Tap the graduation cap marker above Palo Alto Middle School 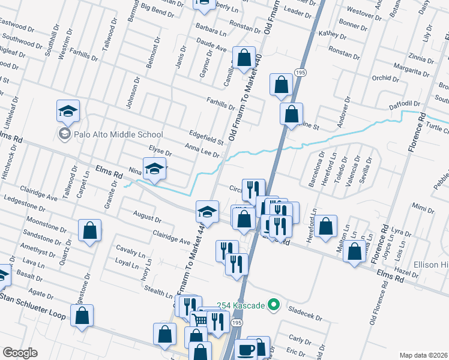(68, 111)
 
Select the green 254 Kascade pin (274, 305)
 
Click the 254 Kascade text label (239, 306)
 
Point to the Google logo (20, 353)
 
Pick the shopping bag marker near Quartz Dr (89, 230)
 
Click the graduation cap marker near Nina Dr (154, 169)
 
